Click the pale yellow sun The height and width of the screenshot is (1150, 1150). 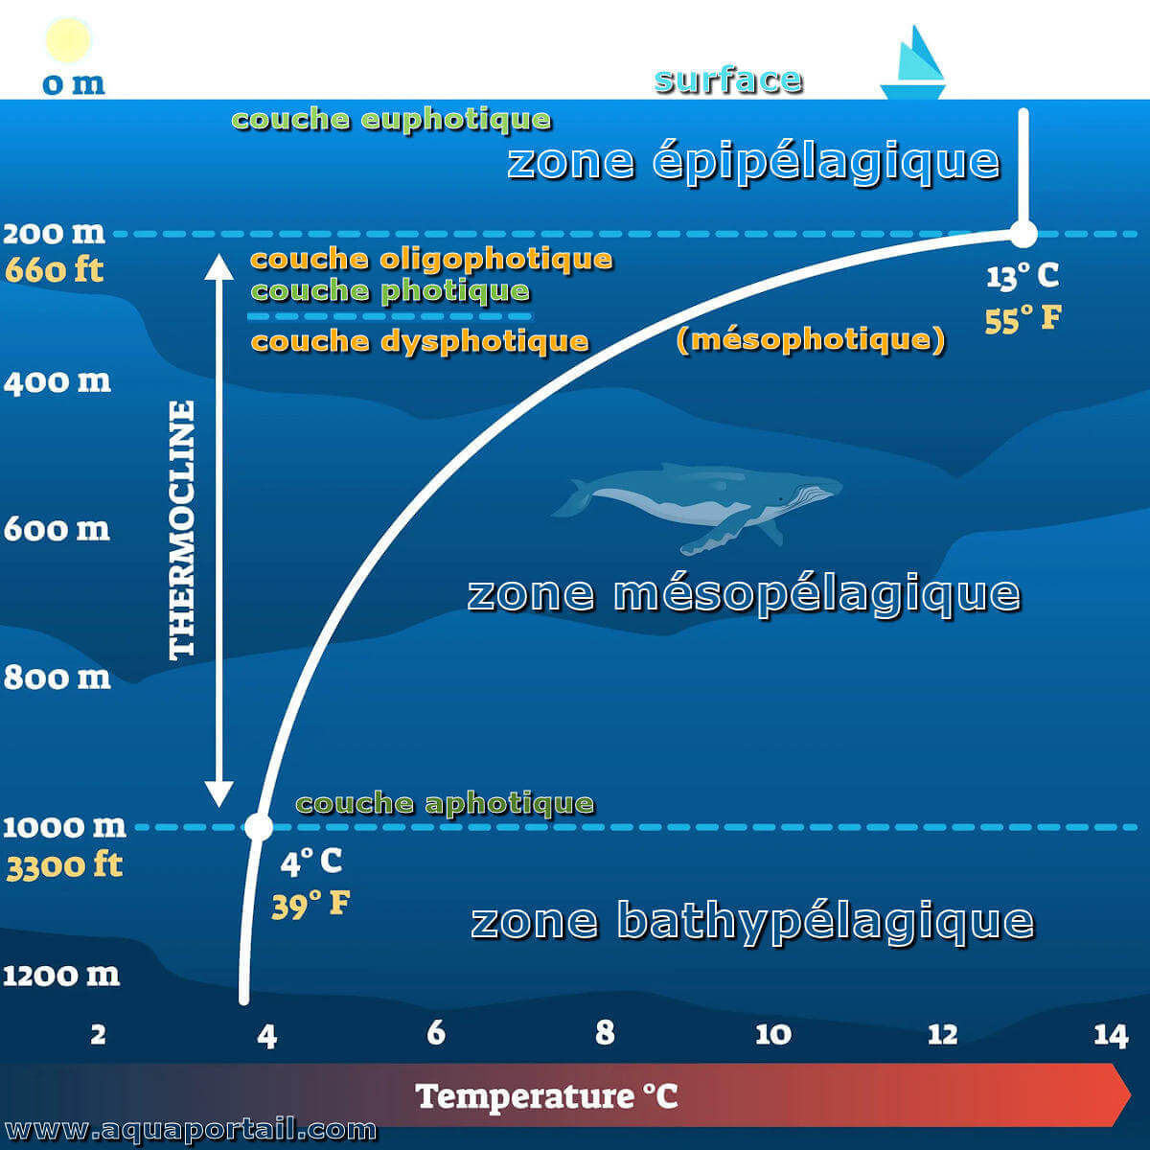(68, 40)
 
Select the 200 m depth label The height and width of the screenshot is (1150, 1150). (54, 233)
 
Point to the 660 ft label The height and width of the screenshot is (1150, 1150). (54, 269)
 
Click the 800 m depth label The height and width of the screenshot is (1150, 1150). (57, 678)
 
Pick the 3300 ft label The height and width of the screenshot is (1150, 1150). (64, 866)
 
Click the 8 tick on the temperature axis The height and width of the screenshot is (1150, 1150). (605, 1032)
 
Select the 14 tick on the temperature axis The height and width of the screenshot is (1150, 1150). (1111, 1034)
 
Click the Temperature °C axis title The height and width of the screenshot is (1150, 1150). (546, 1096)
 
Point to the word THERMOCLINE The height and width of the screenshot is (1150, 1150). (182, 530)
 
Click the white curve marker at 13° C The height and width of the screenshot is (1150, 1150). (1023, 233)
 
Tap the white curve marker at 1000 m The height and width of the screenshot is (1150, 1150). (259, 826)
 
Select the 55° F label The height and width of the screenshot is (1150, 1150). (1023, 319)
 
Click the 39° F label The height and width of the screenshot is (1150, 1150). (310, 904)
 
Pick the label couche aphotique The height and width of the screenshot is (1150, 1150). (446, 804)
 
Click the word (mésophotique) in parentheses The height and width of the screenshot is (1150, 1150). (811, 340)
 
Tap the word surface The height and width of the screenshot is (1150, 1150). (728, 80)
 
